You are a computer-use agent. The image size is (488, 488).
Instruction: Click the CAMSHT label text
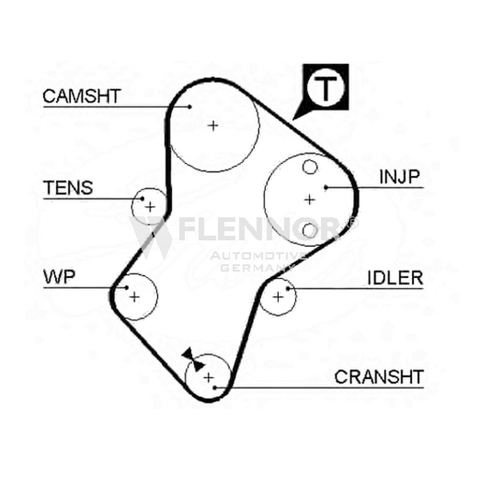click(x=82, y=96)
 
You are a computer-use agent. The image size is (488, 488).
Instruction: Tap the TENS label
click(x=68, y=188)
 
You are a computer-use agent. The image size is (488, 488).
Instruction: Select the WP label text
click(x=59, y=277)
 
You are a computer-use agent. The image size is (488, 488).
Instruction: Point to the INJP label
click(x=400, y=177)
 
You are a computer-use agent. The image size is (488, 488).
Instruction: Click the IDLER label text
click(x=395, y=278)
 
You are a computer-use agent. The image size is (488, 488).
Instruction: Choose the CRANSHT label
click(x=379, y=377)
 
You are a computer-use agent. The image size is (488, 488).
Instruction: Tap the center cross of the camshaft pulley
click(x=213, y=126)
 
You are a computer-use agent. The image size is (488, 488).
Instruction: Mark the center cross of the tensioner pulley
click(x=150, y=207)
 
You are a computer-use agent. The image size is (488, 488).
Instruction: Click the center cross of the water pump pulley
click(x=134, y=297)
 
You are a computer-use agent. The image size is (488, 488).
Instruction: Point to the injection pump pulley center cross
click(x=309, y=199)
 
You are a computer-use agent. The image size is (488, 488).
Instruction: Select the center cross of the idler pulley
click(x=278, y=297)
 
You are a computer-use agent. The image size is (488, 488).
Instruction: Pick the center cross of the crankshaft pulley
click(x=209, y=378)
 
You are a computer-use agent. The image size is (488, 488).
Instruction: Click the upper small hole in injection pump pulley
click(x=310, y=167)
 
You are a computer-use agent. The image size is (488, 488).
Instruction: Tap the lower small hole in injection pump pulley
click(x=310, y=231)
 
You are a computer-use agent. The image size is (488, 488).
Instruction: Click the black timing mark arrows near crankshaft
click(x=193, y=360)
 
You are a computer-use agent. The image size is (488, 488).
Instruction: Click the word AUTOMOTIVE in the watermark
click(x=258, y=256)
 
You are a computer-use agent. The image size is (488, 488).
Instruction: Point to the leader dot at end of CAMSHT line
click(x=190, y=107)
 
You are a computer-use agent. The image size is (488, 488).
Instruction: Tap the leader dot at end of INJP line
click(x=326, y=187)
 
